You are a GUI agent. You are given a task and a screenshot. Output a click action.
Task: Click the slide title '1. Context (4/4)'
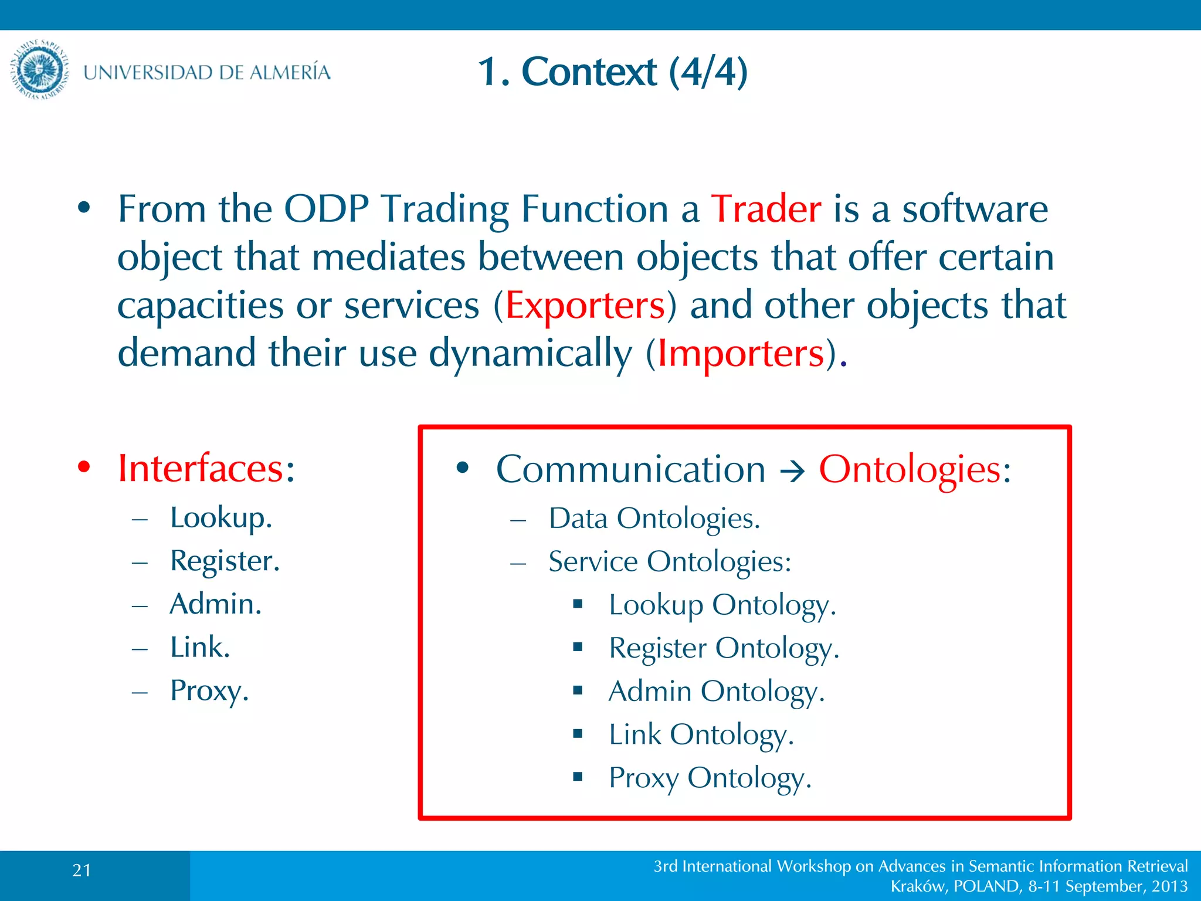(x=612, y=72)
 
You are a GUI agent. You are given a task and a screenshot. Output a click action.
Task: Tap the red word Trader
(x=766, y=209)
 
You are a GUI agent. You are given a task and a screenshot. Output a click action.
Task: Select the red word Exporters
(x=585, y=306)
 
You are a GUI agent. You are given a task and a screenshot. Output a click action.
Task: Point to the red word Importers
(x=741, y=354)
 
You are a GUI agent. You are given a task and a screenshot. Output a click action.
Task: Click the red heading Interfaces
(x=201, y=468)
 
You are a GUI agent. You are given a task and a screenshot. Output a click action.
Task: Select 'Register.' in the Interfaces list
(x=225, y=561)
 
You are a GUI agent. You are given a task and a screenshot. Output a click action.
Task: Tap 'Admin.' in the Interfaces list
(x=215, y=604)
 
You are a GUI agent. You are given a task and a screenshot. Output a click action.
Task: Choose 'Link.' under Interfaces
(x=199, y=647)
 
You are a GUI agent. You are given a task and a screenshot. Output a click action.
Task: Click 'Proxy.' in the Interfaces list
(x=209, y=690)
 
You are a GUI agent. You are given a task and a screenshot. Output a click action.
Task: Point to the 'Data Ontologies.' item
(x=654, y=519)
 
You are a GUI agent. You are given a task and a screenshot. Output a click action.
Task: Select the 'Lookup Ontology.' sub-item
(x=722, y=605)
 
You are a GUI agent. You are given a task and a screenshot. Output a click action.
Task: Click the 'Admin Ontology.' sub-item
(x=716, y=691)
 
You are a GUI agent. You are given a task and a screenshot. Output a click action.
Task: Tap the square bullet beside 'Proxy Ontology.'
(x=578, y=777)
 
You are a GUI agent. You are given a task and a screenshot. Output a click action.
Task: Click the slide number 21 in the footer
(x=82, y=870)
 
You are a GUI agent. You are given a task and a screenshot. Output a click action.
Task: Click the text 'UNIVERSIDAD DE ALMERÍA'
(x=206, y=72)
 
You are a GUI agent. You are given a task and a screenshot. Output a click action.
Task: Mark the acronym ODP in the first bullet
(x=326, y=209)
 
